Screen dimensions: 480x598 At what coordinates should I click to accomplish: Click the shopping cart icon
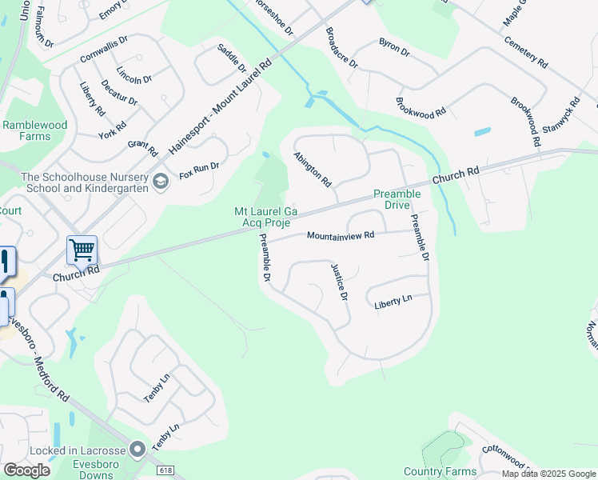[82, 250]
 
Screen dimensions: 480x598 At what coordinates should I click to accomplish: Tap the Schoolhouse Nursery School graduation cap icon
[160, 182]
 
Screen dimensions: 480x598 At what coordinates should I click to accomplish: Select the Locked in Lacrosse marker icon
[138, 450]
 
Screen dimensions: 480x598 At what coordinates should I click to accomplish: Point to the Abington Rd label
[313, 170]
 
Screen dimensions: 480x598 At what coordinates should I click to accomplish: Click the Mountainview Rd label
[341, 235]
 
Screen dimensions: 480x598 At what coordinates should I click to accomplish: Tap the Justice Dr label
[340, 282]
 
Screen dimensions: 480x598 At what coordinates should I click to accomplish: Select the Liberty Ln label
[393, 302]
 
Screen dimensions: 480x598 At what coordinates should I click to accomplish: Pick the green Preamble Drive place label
[397, 199]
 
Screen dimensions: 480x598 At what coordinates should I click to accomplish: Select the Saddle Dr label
[231, 58]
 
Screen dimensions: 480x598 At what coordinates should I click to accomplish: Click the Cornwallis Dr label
[104, 50]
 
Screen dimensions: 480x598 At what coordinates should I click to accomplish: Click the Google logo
[27, 470]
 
